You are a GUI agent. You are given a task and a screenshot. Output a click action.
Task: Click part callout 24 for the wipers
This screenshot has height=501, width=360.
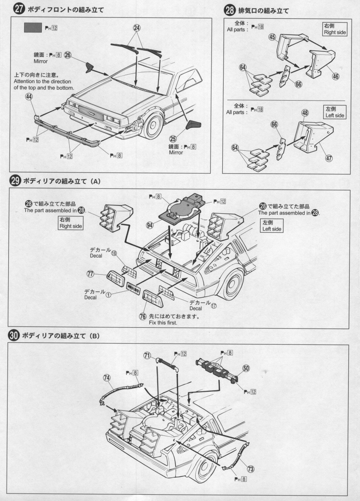coord(137,28)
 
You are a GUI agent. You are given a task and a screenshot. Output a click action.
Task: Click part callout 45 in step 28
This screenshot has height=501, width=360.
coord(272,38)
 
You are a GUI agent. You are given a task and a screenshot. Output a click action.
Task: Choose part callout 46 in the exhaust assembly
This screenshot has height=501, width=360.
coord(335,76)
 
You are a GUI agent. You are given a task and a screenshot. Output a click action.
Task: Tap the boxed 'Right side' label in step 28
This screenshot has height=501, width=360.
coord(335,29)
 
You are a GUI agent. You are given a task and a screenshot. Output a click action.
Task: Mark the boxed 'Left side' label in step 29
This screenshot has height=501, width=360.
coord(272,226)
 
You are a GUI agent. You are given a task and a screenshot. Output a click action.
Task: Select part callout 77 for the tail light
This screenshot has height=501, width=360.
coord(90,274)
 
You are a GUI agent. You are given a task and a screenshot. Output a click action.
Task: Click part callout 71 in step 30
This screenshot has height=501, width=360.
coord(147,355)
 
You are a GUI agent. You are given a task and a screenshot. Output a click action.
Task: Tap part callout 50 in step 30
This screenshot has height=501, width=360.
coord(246,368)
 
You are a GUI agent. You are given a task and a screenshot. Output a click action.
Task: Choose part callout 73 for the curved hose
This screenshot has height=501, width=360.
coord(251,469)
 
